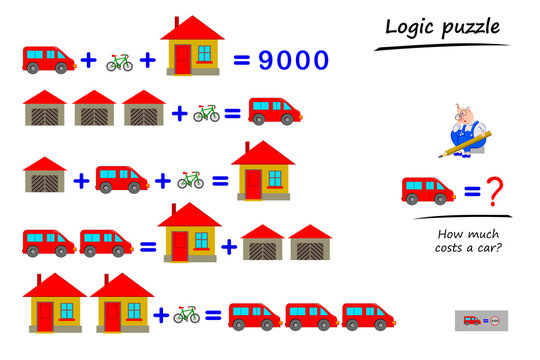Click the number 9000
point(293,60)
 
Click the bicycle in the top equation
point(119,62)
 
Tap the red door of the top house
point(183,59)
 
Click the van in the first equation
point(48,59)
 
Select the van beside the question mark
point(429,189)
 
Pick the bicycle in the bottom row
point(186,315)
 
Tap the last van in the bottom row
point(369,315)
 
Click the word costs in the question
point(459,246)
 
